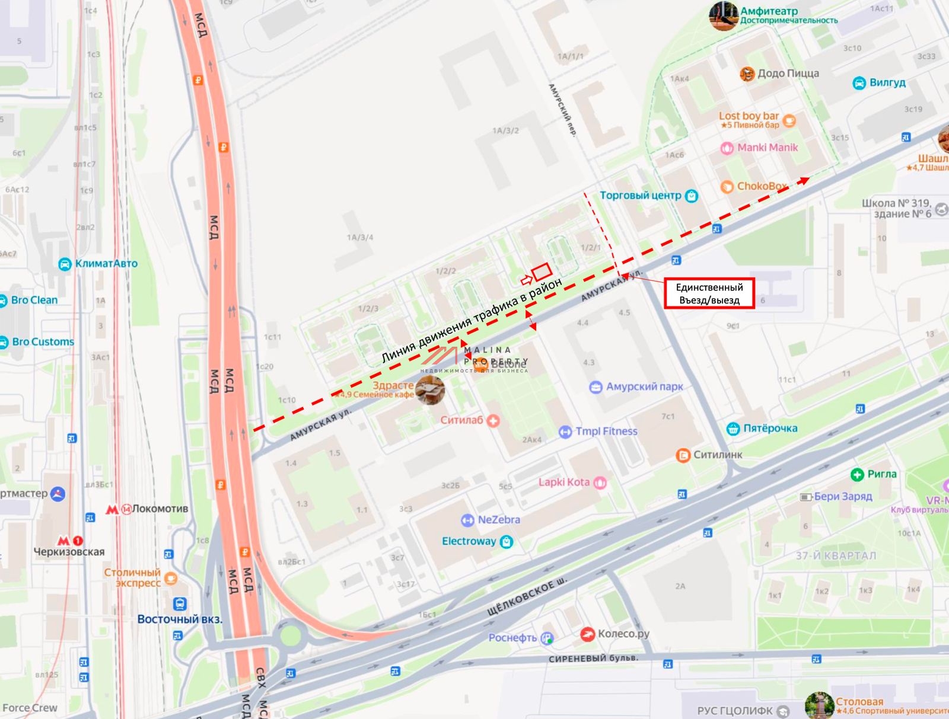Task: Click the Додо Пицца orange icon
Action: (x=747, y=74)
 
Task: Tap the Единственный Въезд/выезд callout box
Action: (x=709, y=293)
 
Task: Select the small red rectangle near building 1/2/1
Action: (x=542, y=273)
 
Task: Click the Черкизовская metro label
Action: (x=69, y=552)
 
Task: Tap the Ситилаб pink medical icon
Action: (x=493, y=420)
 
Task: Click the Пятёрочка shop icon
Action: (x=733, y=429)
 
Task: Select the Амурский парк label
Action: (x=644, y=386)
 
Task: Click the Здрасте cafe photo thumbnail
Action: (x=430, y=390)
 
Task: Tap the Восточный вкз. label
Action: (x=179, y=619)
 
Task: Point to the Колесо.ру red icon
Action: (x=587, y=634)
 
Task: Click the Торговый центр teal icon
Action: (x=691, y=196)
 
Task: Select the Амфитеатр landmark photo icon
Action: (x=723, y=15)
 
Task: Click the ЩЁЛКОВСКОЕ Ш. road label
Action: (x=527, y=599)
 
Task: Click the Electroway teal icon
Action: (x=506, y=542)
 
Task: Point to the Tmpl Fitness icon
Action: (x=565, y=432)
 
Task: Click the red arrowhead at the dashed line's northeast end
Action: (x=804, y=180)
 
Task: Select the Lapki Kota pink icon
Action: (x=600, y=482)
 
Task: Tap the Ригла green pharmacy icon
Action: (x=857, y=474)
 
